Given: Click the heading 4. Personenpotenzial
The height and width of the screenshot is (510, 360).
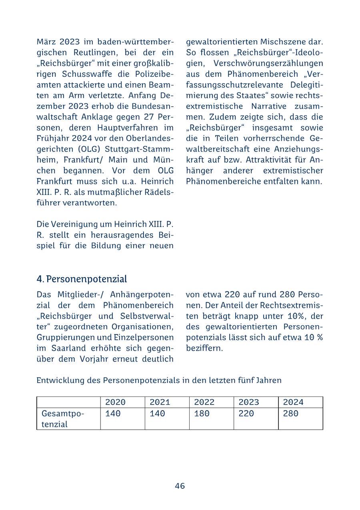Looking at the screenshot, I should (82, 279).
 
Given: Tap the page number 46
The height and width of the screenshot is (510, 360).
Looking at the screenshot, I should (180, 486).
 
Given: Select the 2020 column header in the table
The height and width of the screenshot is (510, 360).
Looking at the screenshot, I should (115, 402).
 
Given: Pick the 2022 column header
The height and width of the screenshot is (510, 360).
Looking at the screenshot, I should (204, 402).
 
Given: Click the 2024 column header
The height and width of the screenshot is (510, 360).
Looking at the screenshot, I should (293, 402).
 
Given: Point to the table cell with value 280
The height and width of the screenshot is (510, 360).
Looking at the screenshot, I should (290, 413).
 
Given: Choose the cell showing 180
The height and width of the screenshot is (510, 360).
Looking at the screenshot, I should (202, 413).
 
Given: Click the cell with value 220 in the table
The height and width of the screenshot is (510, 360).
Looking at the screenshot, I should (246, 413).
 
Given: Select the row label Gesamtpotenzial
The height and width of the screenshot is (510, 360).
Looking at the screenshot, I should (60, 418).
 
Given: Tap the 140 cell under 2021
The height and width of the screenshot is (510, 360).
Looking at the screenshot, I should (157, 413).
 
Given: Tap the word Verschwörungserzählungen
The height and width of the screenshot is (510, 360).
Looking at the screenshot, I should (268, 63).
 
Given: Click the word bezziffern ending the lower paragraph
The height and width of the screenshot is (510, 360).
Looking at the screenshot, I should (204, 348).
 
